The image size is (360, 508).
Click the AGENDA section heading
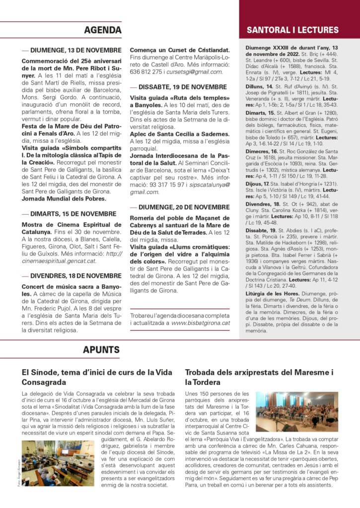(x=103, y=30)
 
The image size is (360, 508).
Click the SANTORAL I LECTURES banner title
(x=299, y=30)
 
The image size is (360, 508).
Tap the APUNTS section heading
(x=101, y=350)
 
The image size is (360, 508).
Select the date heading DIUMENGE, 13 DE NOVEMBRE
(x=75, y=50)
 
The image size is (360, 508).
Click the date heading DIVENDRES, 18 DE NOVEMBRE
(x=75, y=276)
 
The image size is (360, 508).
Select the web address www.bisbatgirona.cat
(x=201, y=323)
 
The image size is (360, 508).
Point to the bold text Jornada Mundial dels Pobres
(x=64, y=199)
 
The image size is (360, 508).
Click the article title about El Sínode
(x=97, y=377)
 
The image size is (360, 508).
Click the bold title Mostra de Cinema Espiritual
(x=71, y=225)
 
